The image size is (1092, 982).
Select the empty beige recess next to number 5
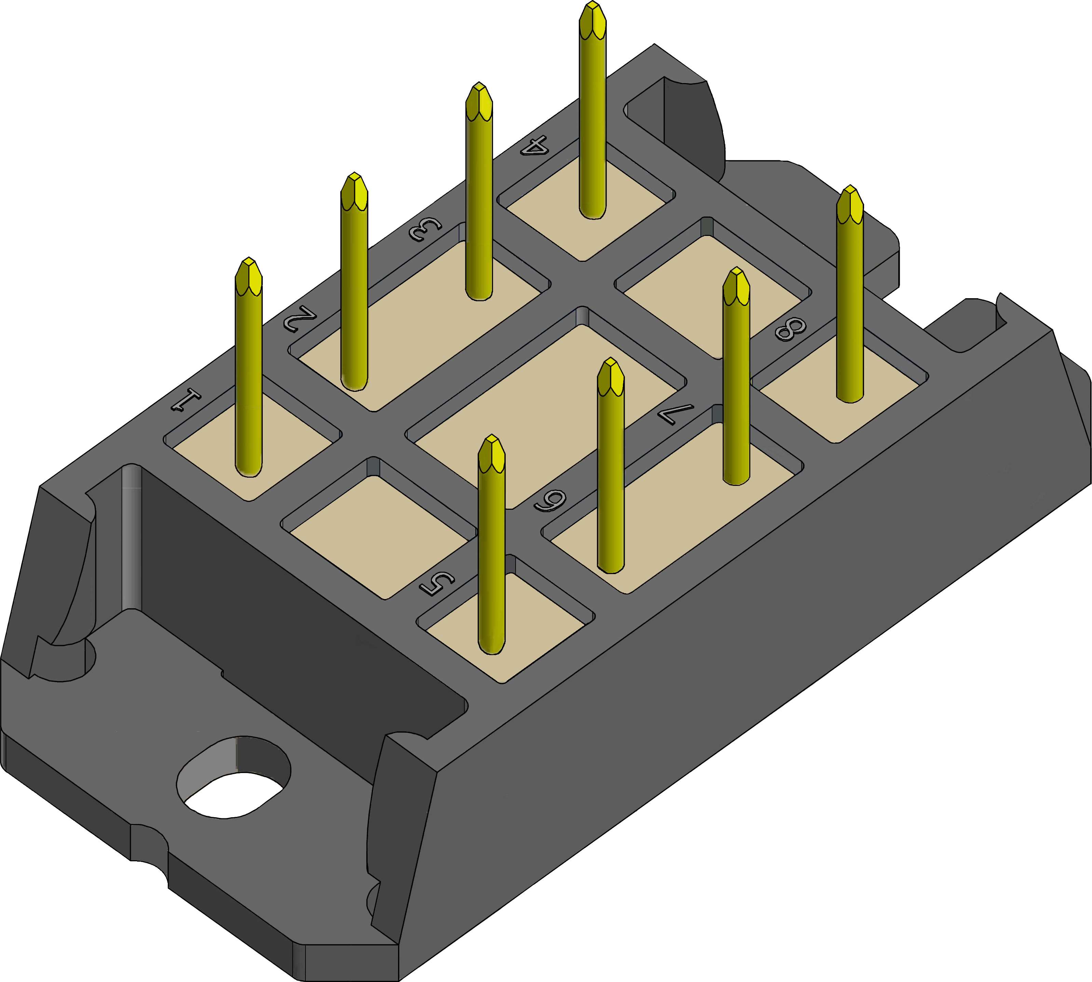point(378,534)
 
